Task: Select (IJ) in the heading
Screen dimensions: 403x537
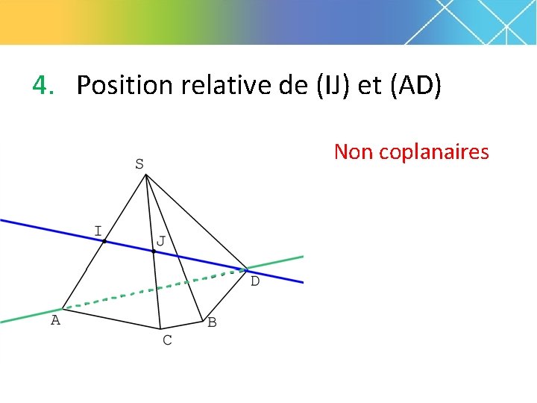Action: pos(333,86)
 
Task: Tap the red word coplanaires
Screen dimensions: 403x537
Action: pos(434,153)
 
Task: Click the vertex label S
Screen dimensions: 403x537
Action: pos(139,163)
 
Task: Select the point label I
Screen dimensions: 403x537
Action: pos(98,230)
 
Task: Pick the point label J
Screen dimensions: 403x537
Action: pos(160,241)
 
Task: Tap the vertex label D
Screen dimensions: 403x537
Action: pos(254,281)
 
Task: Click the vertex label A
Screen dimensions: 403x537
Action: pos(54,320)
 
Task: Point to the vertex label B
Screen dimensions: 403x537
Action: pos(212,322)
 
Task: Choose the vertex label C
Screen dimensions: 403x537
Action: pos(167,340)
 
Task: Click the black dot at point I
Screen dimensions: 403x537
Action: pos(104,241)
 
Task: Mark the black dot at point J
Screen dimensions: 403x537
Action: pos(154,252)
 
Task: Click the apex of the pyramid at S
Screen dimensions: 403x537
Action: pos(146,175)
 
